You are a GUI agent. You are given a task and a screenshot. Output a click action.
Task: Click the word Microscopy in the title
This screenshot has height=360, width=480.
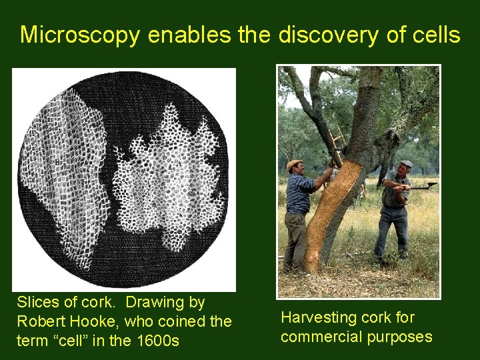(81, 34)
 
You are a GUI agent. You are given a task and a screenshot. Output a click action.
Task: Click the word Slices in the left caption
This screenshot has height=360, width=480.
(38, 303)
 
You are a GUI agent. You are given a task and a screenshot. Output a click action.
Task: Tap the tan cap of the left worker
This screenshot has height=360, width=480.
(294, 164)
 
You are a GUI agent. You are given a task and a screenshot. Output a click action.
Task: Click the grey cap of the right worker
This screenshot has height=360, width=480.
(406, 164)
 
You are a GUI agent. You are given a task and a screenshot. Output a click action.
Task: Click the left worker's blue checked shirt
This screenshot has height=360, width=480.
(299, 193)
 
